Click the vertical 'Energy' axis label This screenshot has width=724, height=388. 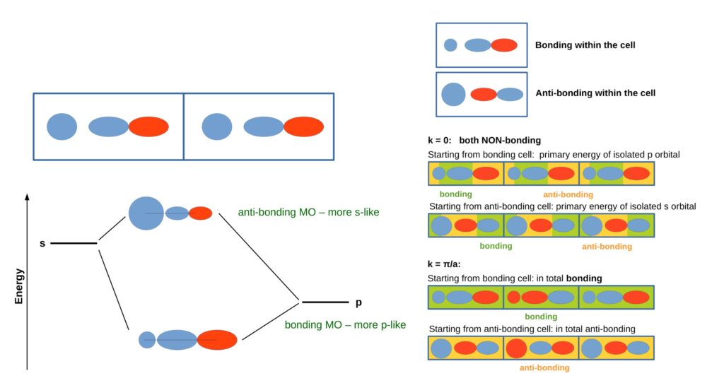click(x=18, y=286)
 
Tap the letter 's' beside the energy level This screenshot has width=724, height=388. click(x=42, y=243)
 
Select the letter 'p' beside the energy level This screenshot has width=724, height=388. click(x=358, y=303)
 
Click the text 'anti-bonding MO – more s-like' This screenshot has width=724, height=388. click(x=308, y=212)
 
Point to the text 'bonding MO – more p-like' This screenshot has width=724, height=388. click(x=345, y=325)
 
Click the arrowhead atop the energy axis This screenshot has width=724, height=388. click(x=28, y=197)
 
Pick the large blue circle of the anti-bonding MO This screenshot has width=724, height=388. click(x=146, y=213)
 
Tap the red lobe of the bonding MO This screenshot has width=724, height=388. click(x=217, y=340)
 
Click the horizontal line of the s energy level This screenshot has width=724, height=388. click(x=74, y=243)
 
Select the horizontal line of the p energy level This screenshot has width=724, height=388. click(x=325, y=302)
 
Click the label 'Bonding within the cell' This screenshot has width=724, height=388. click(x=585, y=45)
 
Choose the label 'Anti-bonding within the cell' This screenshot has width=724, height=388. click(x=595, y=93)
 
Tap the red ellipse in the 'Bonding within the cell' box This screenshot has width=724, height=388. click(x=503, y=45)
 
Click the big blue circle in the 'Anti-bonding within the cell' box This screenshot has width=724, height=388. click(x=453, y=94)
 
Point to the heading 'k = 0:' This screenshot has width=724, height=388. click(x=440, y=140)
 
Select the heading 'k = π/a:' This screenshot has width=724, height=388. click(x=444, y=264)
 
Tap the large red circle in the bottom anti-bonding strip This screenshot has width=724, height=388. click(x=516, y=348)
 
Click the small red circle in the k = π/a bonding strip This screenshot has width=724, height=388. click(x=513, y=297)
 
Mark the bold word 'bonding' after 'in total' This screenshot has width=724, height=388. click(x=584, y=278)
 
